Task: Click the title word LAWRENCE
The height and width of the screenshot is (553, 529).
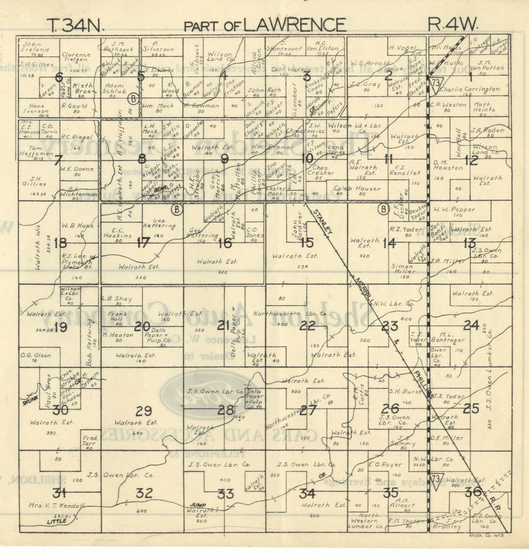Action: [294, 25]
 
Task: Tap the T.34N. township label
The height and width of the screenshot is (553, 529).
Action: [75, 25]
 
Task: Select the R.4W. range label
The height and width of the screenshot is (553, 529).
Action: [452, 24]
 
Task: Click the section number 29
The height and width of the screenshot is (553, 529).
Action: [143, 411]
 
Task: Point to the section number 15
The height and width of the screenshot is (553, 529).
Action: [307, 242]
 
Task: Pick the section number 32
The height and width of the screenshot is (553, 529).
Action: [144, 493]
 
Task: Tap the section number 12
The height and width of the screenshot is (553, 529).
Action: [471, 160]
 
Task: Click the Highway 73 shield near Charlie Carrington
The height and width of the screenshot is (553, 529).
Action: [436, 83]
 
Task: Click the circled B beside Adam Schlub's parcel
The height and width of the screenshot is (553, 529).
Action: [133, 99]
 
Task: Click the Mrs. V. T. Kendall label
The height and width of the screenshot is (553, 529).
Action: [56, 506]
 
